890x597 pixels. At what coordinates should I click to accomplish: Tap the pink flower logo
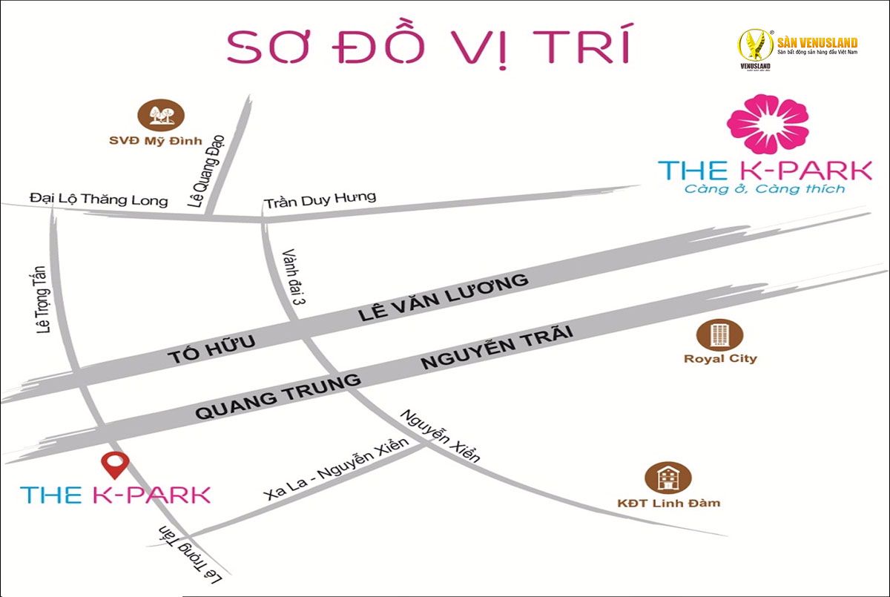[768, 123]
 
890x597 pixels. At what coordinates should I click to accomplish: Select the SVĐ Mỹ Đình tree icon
[160, 114]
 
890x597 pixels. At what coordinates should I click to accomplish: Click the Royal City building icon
[719, 334]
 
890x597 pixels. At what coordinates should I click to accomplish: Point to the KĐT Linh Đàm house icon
[668, 478]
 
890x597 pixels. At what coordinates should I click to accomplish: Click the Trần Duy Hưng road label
[320, 199]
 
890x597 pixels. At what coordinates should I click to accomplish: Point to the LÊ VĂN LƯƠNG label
[443, 298]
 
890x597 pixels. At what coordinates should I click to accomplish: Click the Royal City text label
[720, 359]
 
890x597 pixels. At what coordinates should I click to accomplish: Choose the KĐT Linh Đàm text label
[668, 503]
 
